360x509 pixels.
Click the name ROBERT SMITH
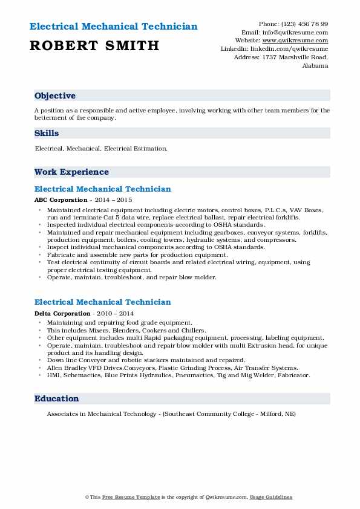point(94,45)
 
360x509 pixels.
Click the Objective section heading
point(55,96)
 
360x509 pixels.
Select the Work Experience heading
point(71,172)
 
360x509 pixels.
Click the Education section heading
point(57,398)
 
